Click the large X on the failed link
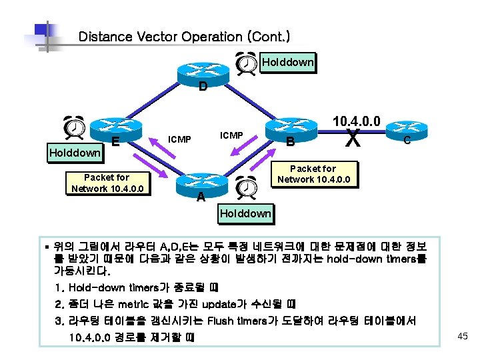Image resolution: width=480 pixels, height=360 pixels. pyautogui.click(x=354, y=139)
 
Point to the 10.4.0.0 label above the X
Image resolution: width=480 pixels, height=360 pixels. pyautogui.click(x=357, y=121)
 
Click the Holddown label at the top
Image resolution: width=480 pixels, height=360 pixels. pyautogui.click(x=287, y=63)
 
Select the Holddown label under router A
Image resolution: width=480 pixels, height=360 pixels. pyautogui.click(x=246, y=213)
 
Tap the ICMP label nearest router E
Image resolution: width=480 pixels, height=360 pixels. pyautogui.click(x=180, y=139)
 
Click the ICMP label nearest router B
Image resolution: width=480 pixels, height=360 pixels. pyautogui.click(x=231, y=135)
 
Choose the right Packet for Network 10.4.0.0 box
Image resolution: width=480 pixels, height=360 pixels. pyautogui.click(x=313, y=174)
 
